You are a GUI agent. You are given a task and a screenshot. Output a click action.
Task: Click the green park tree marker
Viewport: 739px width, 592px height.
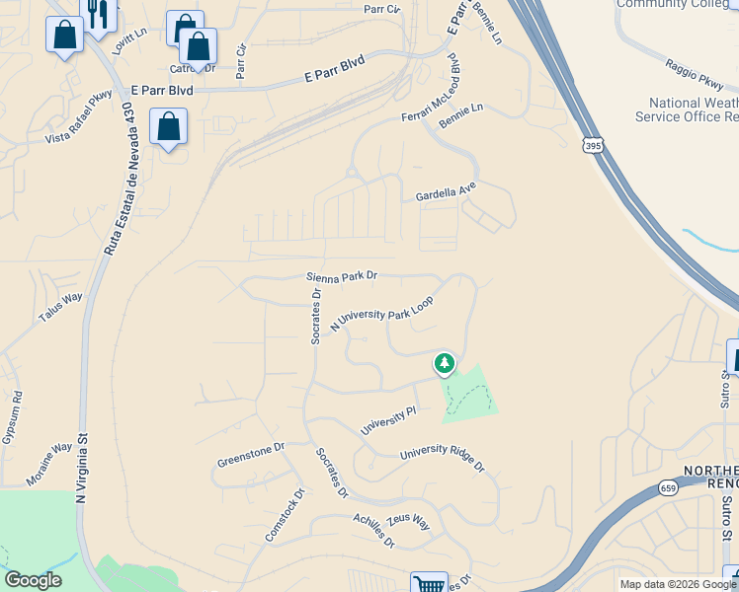point(445,364)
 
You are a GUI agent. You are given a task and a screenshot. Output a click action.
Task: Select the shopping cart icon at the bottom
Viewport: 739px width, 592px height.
point(429,584)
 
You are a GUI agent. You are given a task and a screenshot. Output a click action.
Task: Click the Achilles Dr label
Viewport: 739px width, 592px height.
point(374,531)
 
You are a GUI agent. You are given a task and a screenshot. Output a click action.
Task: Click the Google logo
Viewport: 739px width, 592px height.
point(33,580)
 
